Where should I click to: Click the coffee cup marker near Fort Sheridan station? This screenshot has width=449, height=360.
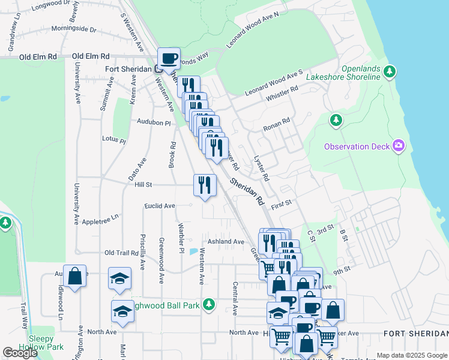(169, 58)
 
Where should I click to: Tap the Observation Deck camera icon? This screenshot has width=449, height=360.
(399, 146)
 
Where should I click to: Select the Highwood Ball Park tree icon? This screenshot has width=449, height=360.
(209, 305)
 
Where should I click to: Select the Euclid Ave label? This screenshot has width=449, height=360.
(160, 206)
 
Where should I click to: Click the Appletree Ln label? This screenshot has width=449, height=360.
(98, 217)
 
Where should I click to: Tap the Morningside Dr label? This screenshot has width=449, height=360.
(74, 29)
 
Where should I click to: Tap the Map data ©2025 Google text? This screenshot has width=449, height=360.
(411, 355)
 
